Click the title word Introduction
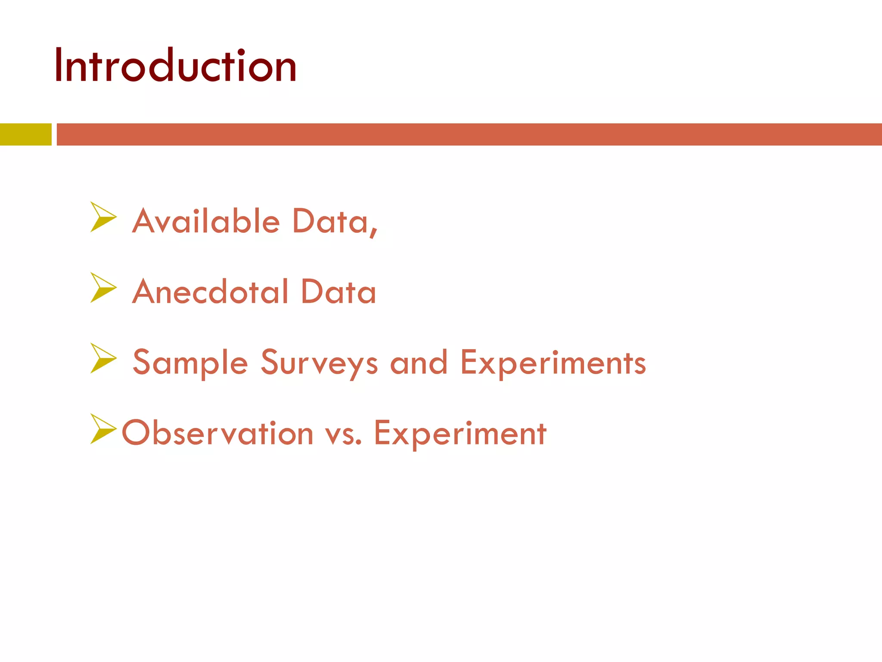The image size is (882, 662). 175,66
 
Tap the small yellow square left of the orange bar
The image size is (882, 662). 25,134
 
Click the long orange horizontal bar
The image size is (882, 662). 469,134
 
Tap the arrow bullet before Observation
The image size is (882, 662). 102,429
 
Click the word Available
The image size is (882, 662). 206,221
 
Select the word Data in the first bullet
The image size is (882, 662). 330,221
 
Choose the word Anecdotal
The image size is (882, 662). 210,292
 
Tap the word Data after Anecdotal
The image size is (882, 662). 339,292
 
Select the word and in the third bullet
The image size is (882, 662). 419,362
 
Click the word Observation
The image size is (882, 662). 217,433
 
